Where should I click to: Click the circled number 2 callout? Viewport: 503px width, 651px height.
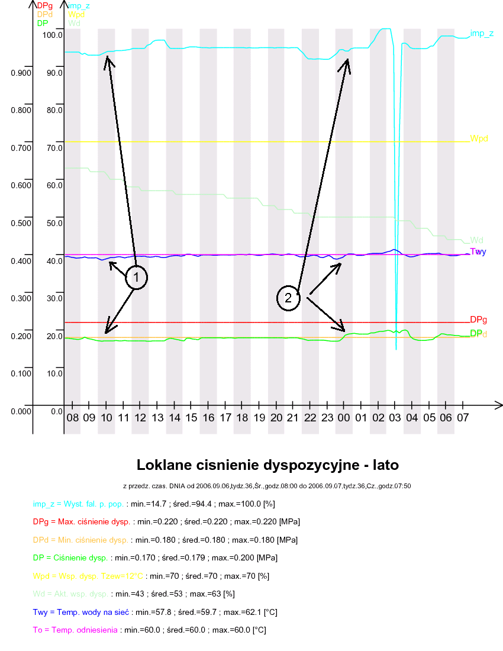coord(288,298)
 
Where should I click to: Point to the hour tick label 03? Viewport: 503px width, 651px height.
coord(395,418)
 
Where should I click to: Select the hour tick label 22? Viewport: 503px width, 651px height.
coord(309,418)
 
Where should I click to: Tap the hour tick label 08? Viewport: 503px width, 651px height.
coord(72,418)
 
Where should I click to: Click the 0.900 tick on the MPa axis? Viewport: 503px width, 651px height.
coord(20,73)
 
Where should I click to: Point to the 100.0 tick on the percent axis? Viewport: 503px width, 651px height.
coord(53,35)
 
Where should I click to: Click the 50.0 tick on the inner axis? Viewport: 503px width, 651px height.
coord(55,223)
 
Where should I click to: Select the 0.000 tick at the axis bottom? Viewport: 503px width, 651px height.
coord(20,411)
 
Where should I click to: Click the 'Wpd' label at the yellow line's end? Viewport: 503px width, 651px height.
coord(479,138)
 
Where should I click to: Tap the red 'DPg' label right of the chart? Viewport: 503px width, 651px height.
coord(478,320)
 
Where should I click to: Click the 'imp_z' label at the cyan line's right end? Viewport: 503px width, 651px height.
coord(482,34)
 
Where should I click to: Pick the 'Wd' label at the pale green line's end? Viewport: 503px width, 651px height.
coord(476,240)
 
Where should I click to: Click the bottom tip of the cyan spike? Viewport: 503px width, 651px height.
coord(396,349)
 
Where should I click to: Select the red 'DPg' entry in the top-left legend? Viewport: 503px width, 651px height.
coord(44,6)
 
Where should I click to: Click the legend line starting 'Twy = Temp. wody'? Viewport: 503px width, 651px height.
coord(155,611)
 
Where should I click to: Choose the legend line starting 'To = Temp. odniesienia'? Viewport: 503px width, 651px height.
coord(149,630)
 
